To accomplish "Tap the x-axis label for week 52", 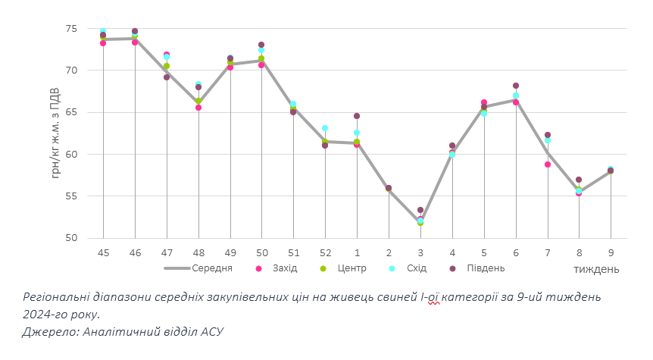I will point(325,252).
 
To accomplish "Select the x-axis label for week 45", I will point(103,252).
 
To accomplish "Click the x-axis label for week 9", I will point(611,252).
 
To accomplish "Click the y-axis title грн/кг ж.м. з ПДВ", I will point(56,133).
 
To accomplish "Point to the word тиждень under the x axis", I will point(596,269).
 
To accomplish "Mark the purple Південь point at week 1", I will point(357,117).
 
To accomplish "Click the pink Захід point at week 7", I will point(547,164).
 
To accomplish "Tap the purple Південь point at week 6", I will point(516,86).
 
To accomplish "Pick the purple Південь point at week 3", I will point(420,210).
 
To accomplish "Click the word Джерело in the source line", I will point(48,331).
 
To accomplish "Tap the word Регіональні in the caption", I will point(59,296).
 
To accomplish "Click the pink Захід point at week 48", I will point(198,108).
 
